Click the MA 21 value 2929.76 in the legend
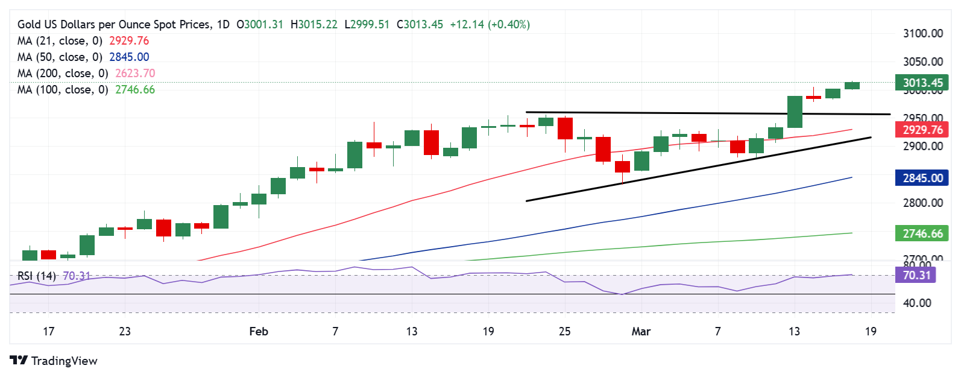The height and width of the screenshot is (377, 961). (128, 41)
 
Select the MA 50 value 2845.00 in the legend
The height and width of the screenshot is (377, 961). (128, 57)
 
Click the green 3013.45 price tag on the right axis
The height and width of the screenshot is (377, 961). (922, 83)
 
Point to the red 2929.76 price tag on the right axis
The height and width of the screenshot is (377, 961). (922, 130)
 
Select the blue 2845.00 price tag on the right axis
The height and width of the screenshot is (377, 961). (922, 178)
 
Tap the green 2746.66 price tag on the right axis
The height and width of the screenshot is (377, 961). (922, 233)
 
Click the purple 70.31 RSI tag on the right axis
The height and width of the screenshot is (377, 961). (917, 276)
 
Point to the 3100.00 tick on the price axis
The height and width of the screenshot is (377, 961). (922, 34)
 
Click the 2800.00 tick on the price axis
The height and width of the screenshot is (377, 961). (922, 203)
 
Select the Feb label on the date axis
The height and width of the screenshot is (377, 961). (259, 331)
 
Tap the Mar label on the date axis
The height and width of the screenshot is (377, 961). (641, 331)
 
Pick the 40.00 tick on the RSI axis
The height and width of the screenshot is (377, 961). (917, 303)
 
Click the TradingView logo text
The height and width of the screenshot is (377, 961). (64, 361)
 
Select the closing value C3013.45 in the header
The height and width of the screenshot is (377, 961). (420, 25)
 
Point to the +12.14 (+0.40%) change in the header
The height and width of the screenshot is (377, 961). (490, 25)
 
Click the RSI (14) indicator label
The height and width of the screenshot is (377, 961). (37, 276)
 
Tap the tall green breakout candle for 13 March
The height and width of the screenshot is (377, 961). (795, 112)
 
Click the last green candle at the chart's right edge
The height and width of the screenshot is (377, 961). (852, 86)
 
